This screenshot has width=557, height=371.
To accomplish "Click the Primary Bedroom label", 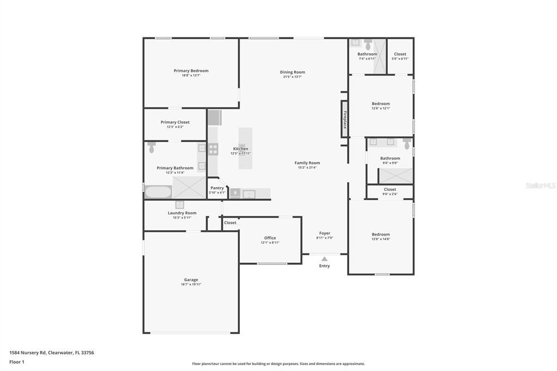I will [x=191, y=71].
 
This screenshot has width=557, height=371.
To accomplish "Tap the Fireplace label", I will [x=344, y=118].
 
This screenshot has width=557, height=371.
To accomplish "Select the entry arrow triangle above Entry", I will [x=324, y=259].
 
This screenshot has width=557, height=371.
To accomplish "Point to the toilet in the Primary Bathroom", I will [x=152, y=147].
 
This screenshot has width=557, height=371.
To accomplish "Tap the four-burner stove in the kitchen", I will [x=213, y=149].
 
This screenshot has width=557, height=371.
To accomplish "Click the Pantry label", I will [x=216, y=188].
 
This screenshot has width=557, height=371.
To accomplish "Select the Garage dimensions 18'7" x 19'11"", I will [x=191, y=285].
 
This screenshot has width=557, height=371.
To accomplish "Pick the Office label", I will [x=270, y=238].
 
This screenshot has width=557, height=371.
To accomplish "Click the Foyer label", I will [x=325, y=233].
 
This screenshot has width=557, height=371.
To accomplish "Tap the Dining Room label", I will [x=293, y=72].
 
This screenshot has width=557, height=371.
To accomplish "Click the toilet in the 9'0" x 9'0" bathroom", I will [x=406, y=143].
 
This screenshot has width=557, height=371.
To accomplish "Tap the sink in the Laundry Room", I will [x=180, y=205].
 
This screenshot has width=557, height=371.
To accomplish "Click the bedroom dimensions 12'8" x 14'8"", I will [x=381, y=239].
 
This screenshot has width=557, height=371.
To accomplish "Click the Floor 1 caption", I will [x=17, y=362].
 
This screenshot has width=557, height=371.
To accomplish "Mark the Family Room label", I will [x=307, y=163].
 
